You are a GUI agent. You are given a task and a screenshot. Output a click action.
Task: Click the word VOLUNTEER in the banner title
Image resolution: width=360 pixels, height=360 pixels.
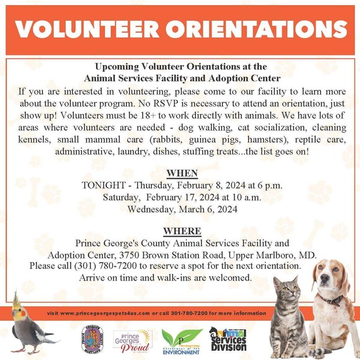[91, 28]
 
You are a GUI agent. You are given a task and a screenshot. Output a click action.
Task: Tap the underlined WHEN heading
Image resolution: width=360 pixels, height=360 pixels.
[182, 173]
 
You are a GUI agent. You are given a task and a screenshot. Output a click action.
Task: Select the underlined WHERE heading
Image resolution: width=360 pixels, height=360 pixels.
[182, 231]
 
